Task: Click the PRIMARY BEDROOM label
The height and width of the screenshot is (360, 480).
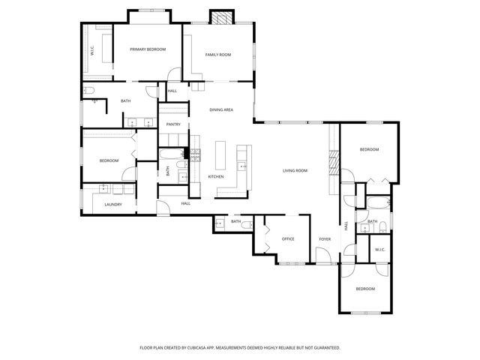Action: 147,49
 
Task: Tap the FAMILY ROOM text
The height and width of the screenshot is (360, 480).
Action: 217,54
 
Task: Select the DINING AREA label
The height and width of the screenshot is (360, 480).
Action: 220,109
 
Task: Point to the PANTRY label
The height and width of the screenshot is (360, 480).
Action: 173,124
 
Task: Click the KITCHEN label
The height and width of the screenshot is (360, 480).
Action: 216,176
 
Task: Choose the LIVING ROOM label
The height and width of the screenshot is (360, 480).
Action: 295,171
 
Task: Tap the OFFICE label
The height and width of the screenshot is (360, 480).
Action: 287,238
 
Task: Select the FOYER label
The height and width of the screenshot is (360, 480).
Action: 325,238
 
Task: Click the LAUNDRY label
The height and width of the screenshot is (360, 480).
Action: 113,204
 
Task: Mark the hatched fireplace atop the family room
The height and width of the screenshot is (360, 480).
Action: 220,18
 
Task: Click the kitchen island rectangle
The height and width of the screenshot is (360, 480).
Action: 221,155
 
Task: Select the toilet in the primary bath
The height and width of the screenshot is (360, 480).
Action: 90,91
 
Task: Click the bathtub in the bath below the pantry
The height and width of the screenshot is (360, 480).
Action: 172,155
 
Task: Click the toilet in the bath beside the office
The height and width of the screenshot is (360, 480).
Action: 219,223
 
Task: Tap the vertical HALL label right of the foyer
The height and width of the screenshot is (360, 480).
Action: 346,225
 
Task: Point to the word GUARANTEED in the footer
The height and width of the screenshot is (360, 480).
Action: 323,347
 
